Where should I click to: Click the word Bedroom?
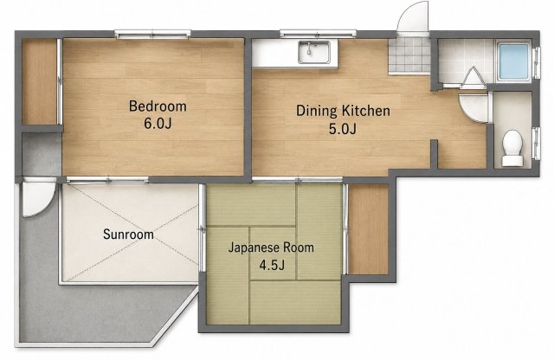tap(158, 106)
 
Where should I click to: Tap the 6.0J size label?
tap(158, 123)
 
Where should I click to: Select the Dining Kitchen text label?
tap(343, 111)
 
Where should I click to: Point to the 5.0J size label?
tap(343, 129)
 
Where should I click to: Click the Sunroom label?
tap(128, 235)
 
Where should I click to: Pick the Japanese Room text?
tap(271, 247)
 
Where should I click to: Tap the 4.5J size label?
tap(272, 265)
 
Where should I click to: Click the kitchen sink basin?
tap(314, 52)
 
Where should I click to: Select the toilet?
tap(512, 148)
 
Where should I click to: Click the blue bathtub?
tap(514, 61)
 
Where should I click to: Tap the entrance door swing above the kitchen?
tap(414, 17)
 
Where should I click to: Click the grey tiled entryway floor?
tap(409, 56)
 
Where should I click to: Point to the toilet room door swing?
tap(474, 108)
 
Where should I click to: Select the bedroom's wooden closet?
tap(40, 81)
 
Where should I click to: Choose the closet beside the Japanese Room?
tap(368, 229)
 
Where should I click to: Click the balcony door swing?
tap(39, 197)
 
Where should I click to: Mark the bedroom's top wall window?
tap(152, 35)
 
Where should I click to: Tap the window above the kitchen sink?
tap(318, 34)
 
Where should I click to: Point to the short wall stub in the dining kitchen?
tap(435, 154)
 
